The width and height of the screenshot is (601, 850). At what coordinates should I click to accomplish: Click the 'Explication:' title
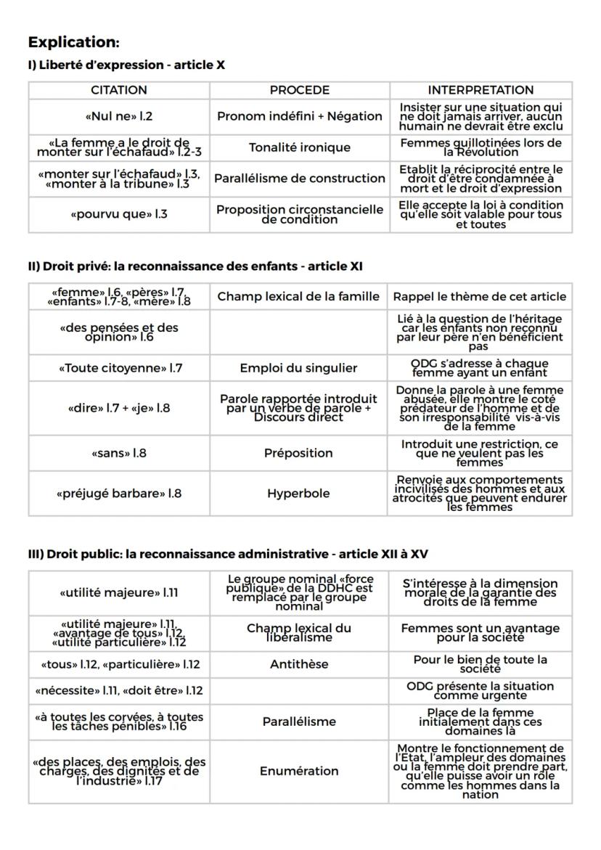[73, 41]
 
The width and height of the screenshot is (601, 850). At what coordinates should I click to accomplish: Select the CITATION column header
[119, 91]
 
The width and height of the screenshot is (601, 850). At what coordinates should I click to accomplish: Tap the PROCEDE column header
[299, 91]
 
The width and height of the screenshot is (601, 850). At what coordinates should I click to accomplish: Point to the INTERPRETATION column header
[480, 91]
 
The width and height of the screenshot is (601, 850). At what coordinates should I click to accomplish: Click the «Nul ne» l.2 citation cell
[119, 116]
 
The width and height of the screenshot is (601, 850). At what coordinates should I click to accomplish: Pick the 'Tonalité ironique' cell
[299, 147]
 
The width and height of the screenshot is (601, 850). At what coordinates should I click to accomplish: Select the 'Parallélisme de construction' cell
[299, 178]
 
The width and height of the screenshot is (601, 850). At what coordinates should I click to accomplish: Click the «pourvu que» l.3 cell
[119, 215]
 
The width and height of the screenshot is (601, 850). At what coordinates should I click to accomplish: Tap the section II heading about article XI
[195, 266]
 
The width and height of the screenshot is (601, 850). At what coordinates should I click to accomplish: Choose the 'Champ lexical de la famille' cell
[298, 296]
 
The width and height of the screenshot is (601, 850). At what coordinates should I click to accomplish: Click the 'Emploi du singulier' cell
[298, 368]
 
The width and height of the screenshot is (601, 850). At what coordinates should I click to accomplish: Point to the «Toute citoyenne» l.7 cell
[119, 368]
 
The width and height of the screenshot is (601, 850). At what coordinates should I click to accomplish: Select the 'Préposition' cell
[298, 453]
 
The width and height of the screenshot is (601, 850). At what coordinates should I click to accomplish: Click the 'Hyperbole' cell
[298, 494]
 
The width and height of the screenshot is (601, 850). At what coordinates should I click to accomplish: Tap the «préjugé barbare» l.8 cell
[119, 494]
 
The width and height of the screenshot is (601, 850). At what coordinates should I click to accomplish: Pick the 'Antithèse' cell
[298, 664]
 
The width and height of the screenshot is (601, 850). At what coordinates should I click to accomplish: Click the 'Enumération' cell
[298, 771]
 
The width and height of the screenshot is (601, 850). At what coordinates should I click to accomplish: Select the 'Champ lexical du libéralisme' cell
[298, 632]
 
